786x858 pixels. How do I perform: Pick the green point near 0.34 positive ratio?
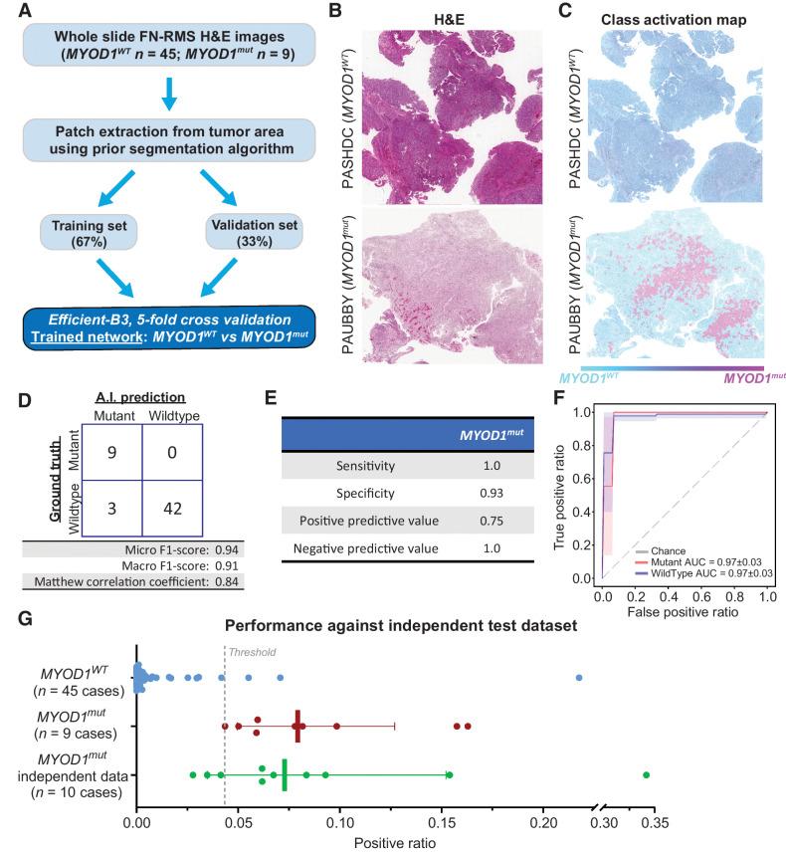pos(646,774)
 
